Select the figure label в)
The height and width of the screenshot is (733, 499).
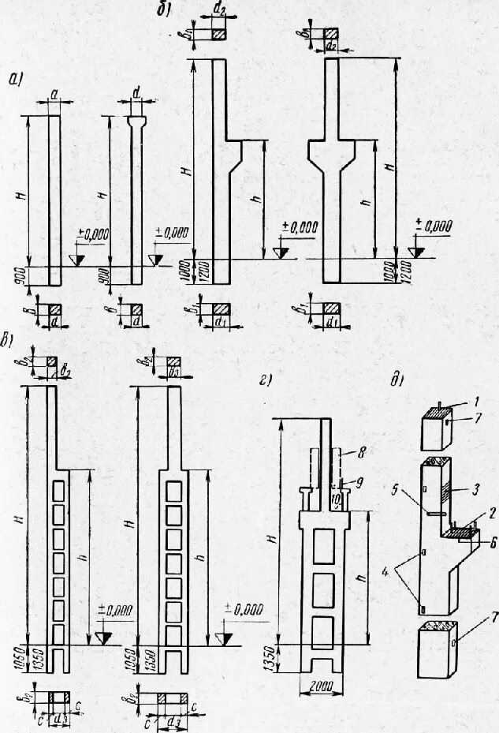(x=9, y=342)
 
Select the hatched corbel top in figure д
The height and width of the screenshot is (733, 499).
(x=458, y=534)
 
